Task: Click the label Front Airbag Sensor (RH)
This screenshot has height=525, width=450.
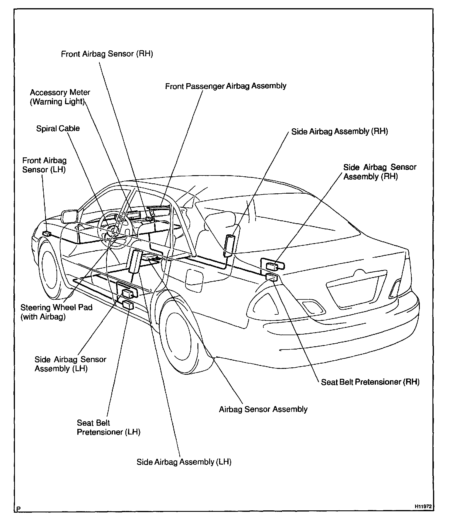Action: point(107,54)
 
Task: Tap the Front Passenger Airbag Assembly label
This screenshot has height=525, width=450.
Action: point(226,86)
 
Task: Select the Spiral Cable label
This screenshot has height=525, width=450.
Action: point(58,129)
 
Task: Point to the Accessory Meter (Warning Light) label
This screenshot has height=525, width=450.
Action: point(60,97)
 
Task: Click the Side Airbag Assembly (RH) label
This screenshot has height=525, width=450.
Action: point(339,132)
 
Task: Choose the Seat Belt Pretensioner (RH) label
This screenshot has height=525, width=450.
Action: point(370,382)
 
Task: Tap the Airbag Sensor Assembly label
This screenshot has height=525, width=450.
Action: point(263,409)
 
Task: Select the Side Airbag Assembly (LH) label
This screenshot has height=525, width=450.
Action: point(184,462)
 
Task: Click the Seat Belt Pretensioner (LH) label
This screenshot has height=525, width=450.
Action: point(108,427)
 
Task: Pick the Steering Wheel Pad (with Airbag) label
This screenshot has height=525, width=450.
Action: point(56,312)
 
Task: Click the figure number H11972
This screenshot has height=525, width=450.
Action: point(423,506)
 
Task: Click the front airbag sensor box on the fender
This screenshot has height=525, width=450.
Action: point(47,233)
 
